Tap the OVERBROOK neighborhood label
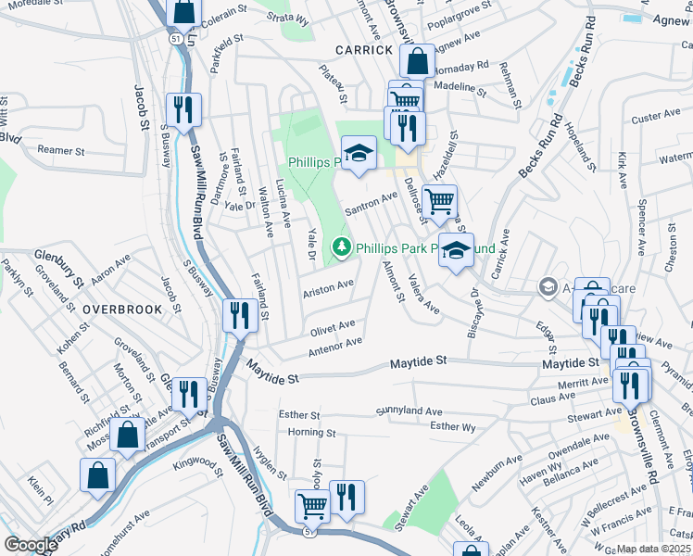(120, 309)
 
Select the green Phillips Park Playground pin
(343, 247)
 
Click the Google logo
(31, 545)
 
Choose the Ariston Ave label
(328, 288)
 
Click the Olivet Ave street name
(333, 327)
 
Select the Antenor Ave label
(334, 346)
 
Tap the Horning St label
(311, 432)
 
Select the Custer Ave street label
(656, 117)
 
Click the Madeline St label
(460, 89)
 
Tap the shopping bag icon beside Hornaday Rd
(418, 61)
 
